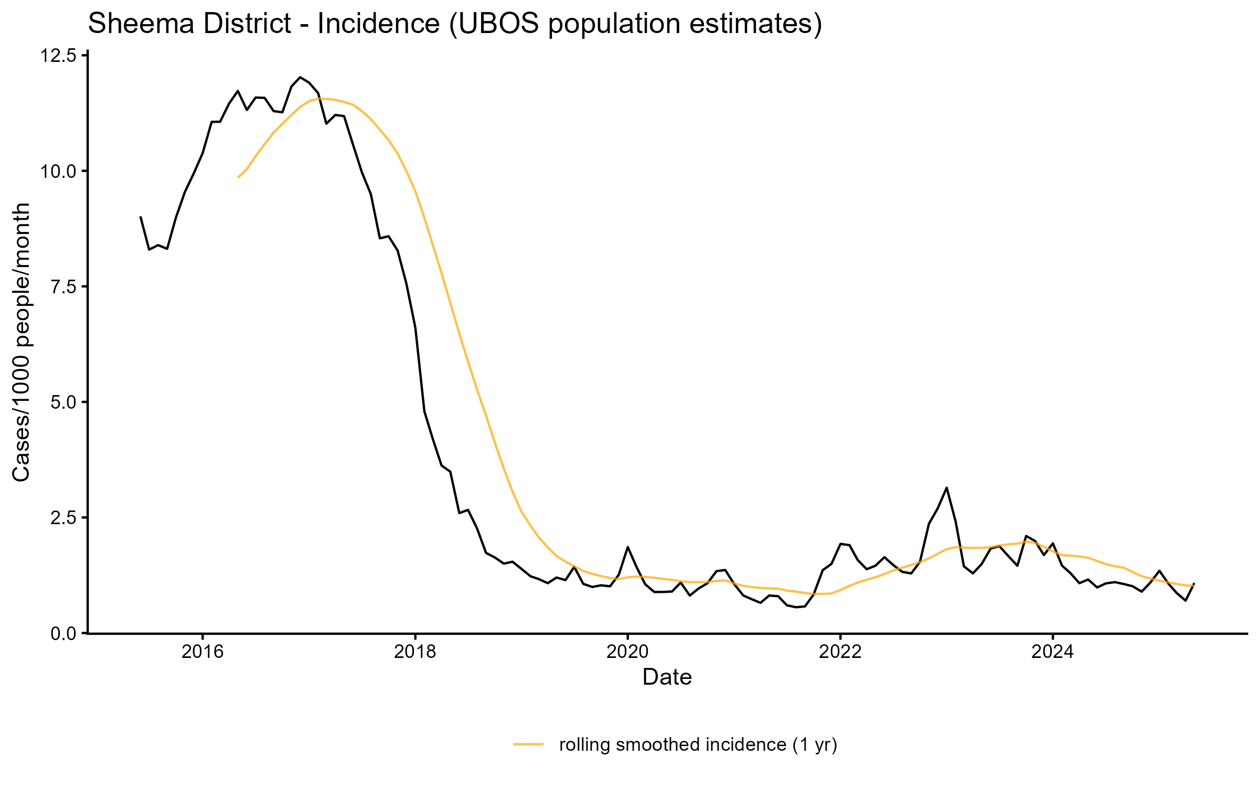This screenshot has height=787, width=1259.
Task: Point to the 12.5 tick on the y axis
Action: [x=58, y=56]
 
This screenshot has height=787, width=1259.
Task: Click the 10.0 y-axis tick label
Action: [x=58, y=171]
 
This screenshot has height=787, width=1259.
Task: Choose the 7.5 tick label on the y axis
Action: [x=62, y=286]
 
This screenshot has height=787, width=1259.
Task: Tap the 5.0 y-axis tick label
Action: [x=62, y=402]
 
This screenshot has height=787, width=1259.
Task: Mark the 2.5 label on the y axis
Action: [x=62, y=518]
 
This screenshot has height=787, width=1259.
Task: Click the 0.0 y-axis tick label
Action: [x=62, y=634]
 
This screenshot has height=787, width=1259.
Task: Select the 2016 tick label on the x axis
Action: [x=202, y=652]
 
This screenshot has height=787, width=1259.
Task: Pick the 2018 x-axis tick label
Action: [x=415, y=652]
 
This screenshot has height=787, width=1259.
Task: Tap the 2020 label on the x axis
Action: [x=627, y=652]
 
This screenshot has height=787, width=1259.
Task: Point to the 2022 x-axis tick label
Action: [x=840, y=652]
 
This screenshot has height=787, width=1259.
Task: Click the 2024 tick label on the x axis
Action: [x=1053, y=652]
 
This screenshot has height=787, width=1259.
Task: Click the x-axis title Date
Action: [x=667, y=677]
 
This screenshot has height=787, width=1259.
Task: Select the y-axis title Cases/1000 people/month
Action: [x=22, y=342]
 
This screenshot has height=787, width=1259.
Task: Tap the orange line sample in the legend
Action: [x=528, y=743]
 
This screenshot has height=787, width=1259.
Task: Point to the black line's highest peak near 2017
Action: [x=300, y=77]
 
